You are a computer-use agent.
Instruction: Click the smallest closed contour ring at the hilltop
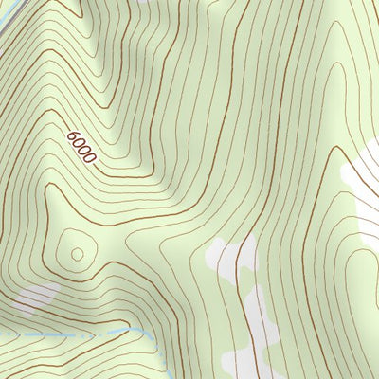point(76,253)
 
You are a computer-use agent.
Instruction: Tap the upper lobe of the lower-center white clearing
point(227,256)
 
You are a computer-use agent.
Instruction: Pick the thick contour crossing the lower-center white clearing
point(248,284)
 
